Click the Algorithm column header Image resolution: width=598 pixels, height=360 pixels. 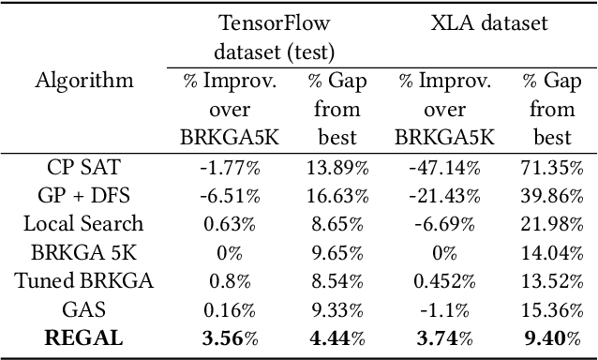pos(84,81)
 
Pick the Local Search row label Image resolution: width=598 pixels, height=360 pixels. pos(84,224)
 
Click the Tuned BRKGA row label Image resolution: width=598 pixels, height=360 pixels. pos(84,280)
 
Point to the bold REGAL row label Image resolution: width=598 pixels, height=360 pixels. pos(84,337)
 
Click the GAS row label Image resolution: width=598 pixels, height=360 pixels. pos(84,308)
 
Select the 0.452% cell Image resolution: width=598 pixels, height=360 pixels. pos(445,280)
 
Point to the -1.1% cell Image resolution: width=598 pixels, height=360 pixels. pos(445,308)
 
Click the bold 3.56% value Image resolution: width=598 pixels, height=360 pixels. pos(230,337)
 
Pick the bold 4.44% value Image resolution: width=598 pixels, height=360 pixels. pos(336,337)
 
